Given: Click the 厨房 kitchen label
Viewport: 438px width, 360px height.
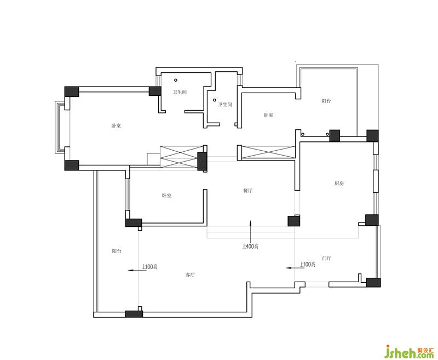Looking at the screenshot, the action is (339, 184).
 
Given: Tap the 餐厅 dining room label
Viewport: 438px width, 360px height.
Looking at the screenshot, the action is (248, 191).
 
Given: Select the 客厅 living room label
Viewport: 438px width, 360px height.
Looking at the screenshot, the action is (190, 275).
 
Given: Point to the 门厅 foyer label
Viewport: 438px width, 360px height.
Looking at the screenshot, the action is (326, 258).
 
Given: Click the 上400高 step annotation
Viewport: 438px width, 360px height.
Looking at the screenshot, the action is (250, 246).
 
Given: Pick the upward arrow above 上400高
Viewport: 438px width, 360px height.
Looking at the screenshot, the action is (251, 231).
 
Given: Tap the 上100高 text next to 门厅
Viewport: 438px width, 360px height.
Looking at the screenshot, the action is (308, 264).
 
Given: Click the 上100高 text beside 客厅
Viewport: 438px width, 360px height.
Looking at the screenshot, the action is (149, 267).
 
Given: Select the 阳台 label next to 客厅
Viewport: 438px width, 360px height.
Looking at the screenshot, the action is (117, 251).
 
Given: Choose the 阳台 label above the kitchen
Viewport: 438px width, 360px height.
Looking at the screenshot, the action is (326, 101).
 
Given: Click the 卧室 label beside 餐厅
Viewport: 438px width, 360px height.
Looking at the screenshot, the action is (166, 196).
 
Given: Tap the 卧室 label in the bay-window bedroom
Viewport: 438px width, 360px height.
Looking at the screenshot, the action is (116, 125).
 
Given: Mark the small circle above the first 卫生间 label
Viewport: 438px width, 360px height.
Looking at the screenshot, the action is (176, 80).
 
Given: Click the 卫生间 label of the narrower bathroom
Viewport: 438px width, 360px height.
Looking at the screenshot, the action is (225, 105).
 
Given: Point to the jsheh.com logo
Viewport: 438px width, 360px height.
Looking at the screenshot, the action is (410, 351).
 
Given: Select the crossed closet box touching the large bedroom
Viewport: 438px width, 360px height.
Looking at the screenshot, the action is (182, 157).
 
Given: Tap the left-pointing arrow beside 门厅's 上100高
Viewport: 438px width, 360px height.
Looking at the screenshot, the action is (292, 268).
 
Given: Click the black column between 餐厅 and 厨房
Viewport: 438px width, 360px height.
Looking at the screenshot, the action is (294, 220).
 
